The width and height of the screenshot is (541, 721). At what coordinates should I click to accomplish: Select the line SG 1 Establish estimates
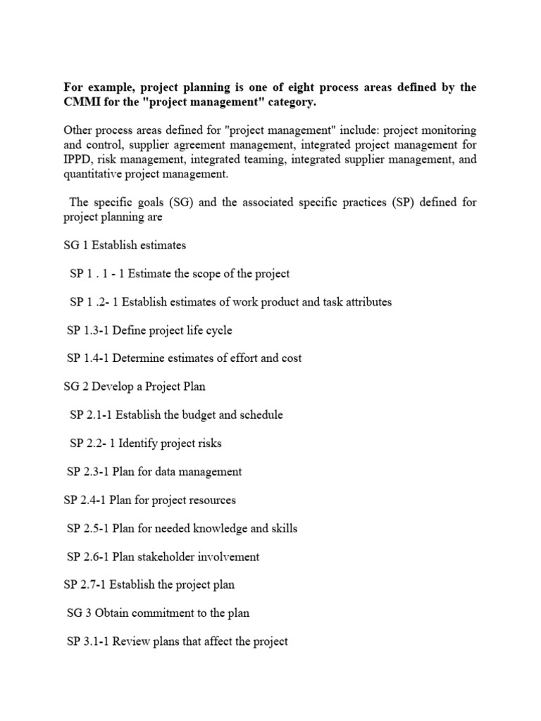(x=125, y=246)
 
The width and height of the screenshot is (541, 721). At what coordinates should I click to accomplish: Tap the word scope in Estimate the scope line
(x=199, y=274)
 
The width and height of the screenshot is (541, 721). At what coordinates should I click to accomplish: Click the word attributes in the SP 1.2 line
(x=366, y=302)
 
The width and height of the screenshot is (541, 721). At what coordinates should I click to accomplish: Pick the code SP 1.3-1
(x=87, y=330)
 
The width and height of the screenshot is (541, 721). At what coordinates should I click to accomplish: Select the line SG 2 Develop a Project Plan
(x=134, y=387)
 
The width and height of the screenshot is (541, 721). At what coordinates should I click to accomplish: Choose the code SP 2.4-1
(x=84, y=500)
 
